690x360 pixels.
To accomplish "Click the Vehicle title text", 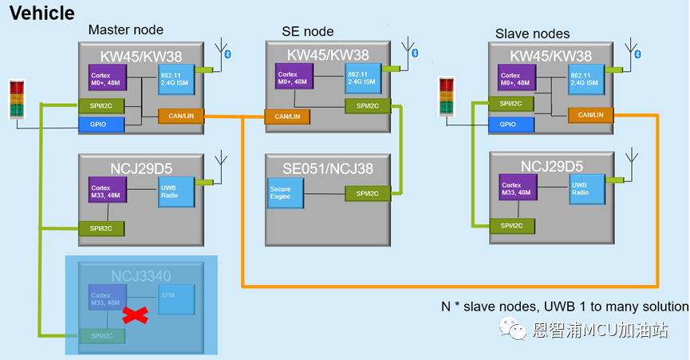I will [42, 13].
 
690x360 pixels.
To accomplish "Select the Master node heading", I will [126, 30].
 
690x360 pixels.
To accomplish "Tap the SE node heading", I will [308, 31].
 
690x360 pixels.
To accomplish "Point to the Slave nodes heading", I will [533, 33].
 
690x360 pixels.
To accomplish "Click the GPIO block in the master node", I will [102, 125].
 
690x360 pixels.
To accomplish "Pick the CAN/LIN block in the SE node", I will [288, 117].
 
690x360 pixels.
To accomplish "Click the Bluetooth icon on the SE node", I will [414, 53].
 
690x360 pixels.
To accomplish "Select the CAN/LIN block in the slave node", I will [591, 115].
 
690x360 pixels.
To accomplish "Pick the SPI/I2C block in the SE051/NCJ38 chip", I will [368, 193].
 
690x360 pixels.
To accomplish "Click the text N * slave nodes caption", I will [565, 307].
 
